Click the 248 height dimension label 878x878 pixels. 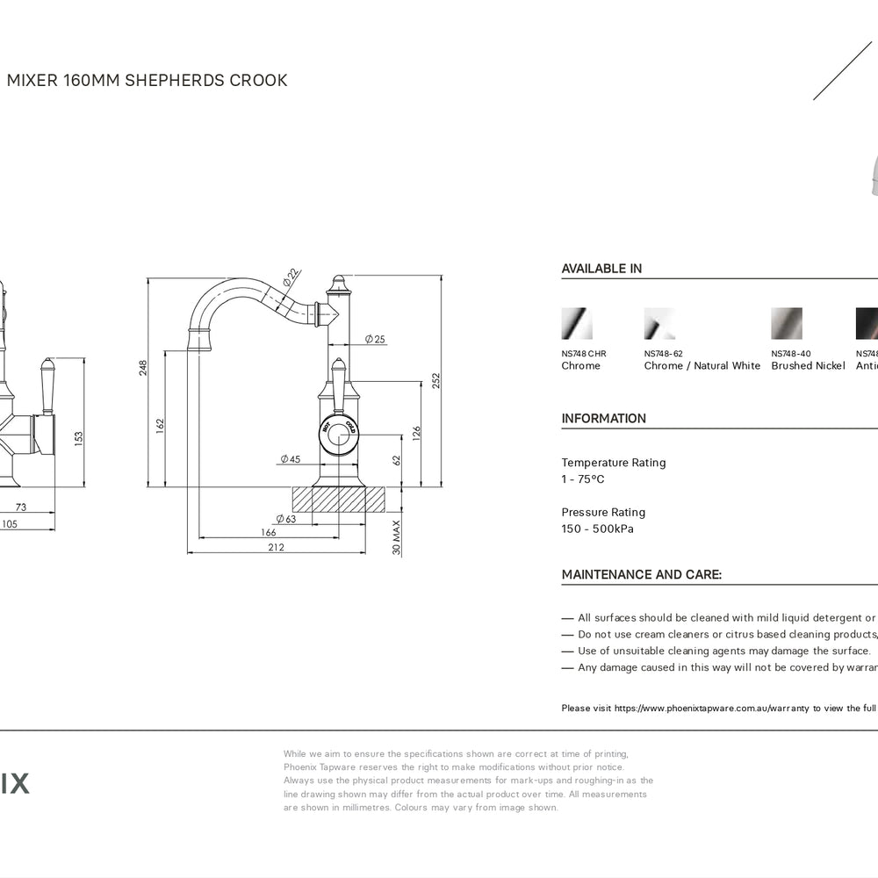(x=143, y=368)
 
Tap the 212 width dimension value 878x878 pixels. (x=276, y=547)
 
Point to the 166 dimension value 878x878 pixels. (x=269, y=532)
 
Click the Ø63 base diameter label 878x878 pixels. (x=285, y=519)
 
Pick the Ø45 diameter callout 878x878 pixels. (x=290, y=459)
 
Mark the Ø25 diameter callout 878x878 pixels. (x=375, y=339)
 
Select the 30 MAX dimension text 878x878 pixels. (x=396, y=536)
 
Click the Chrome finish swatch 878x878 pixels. (x=577, y=323)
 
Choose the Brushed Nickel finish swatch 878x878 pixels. (x=787, y=323)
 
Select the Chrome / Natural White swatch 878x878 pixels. (x=659, y=323)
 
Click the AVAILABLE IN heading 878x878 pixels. (x=601, y=269)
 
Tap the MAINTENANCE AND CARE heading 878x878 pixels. (x=642, y=575)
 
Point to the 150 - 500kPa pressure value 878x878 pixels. (x=597, y=529)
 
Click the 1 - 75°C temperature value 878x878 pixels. (x=583, y=479)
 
